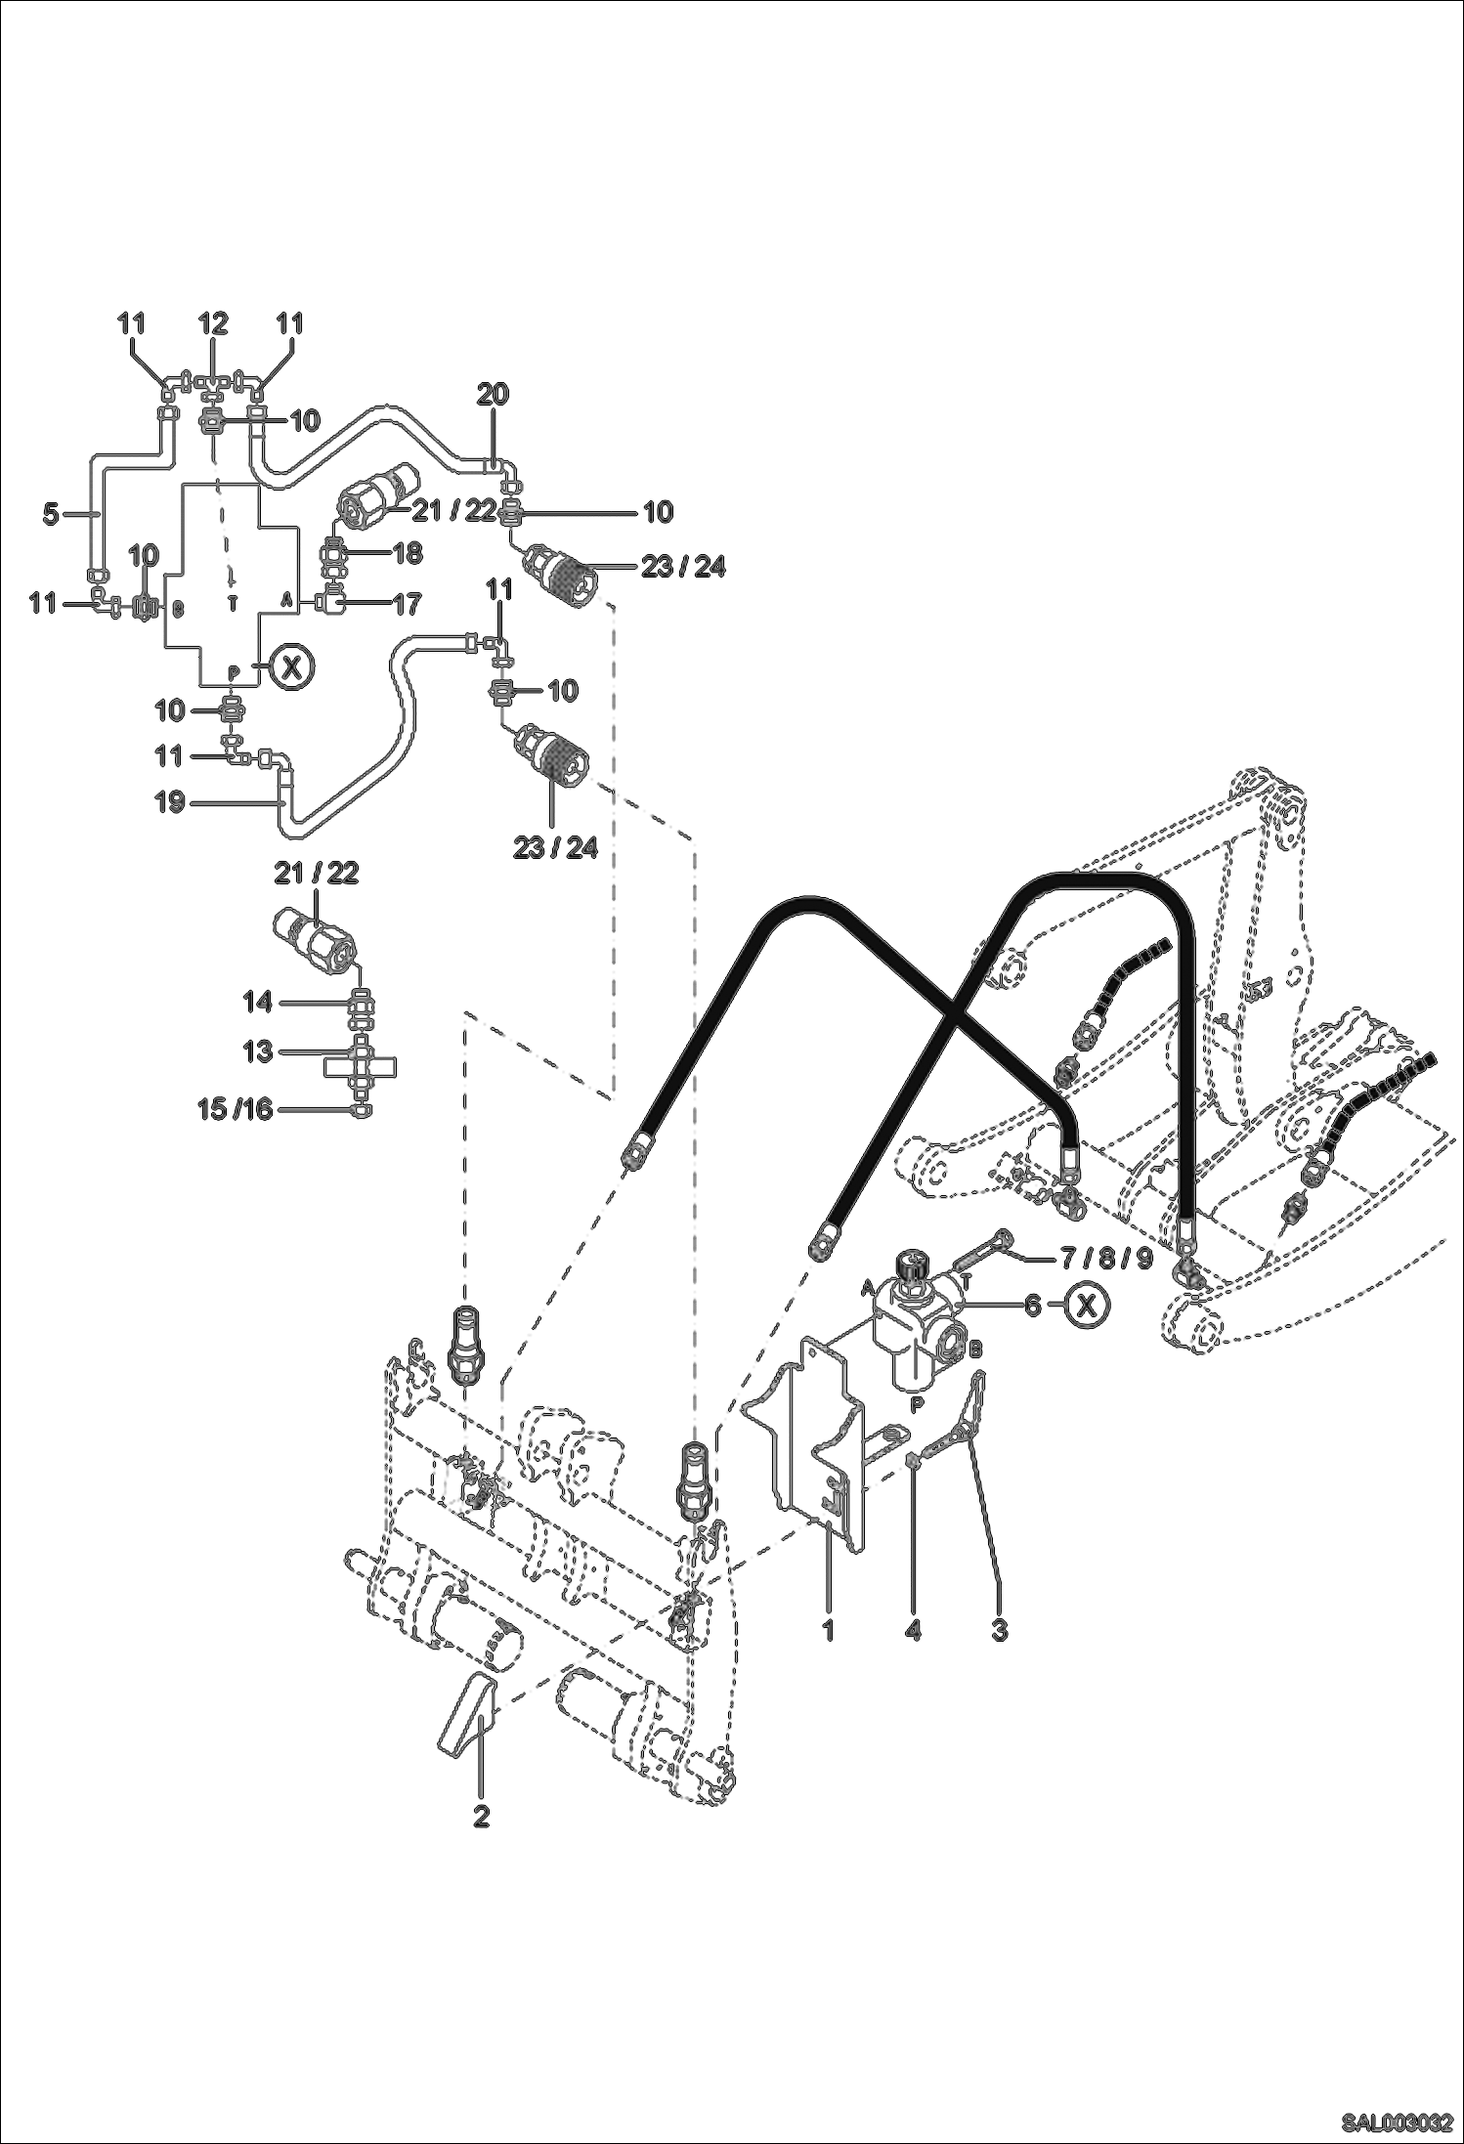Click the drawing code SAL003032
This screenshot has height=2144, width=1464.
(x=1398, y=2123)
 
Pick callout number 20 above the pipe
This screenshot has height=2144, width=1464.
(x=493, y=395)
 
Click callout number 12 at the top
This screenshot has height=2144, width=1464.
(x=213, y=323)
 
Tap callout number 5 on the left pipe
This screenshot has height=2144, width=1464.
(x=51, y=514)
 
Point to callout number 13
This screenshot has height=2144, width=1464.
(x=258, y=1051)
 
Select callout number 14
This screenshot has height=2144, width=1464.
(x=258, y=1002)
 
